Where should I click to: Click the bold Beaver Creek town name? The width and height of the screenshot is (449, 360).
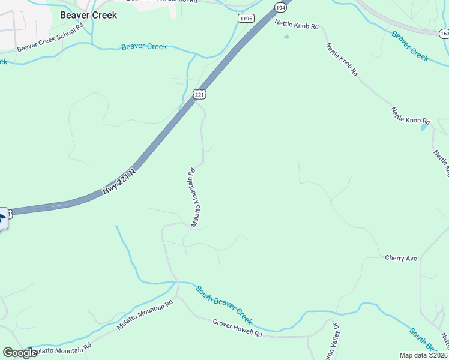click(88, 15)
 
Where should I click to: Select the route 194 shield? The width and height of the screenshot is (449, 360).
click(280, 7)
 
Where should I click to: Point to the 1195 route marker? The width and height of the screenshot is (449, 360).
click(246, 19)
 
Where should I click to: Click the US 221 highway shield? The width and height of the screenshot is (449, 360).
click(200, 94)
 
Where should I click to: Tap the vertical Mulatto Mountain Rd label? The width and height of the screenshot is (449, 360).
click(194, 196)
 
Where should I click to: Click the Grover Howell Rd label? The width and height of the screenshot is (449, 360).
click(238, 328)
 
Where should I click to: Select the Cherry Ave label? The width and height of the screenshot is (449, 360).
click(400, 258)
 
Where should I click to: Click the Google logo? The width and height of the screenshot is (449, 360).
click(20, 353)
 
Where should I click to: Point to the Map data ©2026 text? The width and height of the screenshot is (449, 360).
click(423, 355)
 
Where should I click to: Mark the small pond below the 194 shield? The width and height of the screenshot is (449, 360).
click(286, 37)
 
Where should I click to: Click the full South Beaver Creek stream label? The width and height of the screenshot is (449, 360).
click(223, 304)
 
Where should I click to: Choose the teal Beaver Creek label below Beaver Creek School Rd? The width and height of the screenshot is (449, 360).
click(144, 47)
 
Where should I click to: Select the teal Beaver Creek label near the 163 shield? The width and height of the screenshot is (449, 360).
click(410, 46)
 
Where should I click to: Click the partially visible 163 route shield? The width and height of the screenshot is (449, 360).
click(444, 32)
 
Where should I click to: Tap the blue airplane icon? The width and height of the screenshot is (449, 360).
click(2, 217)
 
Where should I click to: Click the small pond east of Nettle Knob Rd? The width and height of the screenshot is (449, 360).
click(424, 127)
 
